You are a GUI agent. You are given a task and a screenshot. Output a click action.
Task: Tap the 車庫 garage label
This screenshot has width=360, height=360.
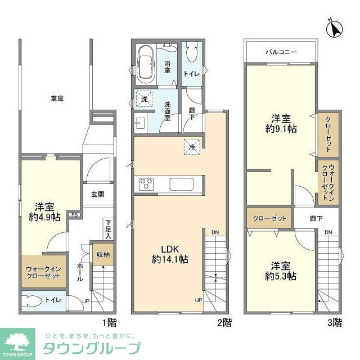(x=57, y=99)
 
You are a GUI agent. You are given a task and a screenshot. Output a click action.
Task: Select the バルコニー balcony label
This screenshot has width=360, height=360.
(x=281, y=52)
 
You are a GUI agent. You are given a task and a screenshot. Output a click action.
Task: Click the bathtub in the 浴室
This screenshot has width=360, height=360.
(x=148, y=64)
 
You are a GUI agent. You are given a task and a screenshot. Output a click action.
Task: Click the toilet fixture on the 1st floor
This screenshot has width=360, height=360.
(x=31, y=301)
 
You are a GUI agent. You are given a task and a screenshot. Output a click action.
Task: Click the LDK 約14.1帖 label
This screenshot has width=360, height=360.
(x=169, y=254)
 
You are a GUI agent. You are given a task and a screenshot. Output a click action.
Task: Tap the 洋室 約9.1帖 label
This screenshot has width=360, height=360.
(x=281, y=123)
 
